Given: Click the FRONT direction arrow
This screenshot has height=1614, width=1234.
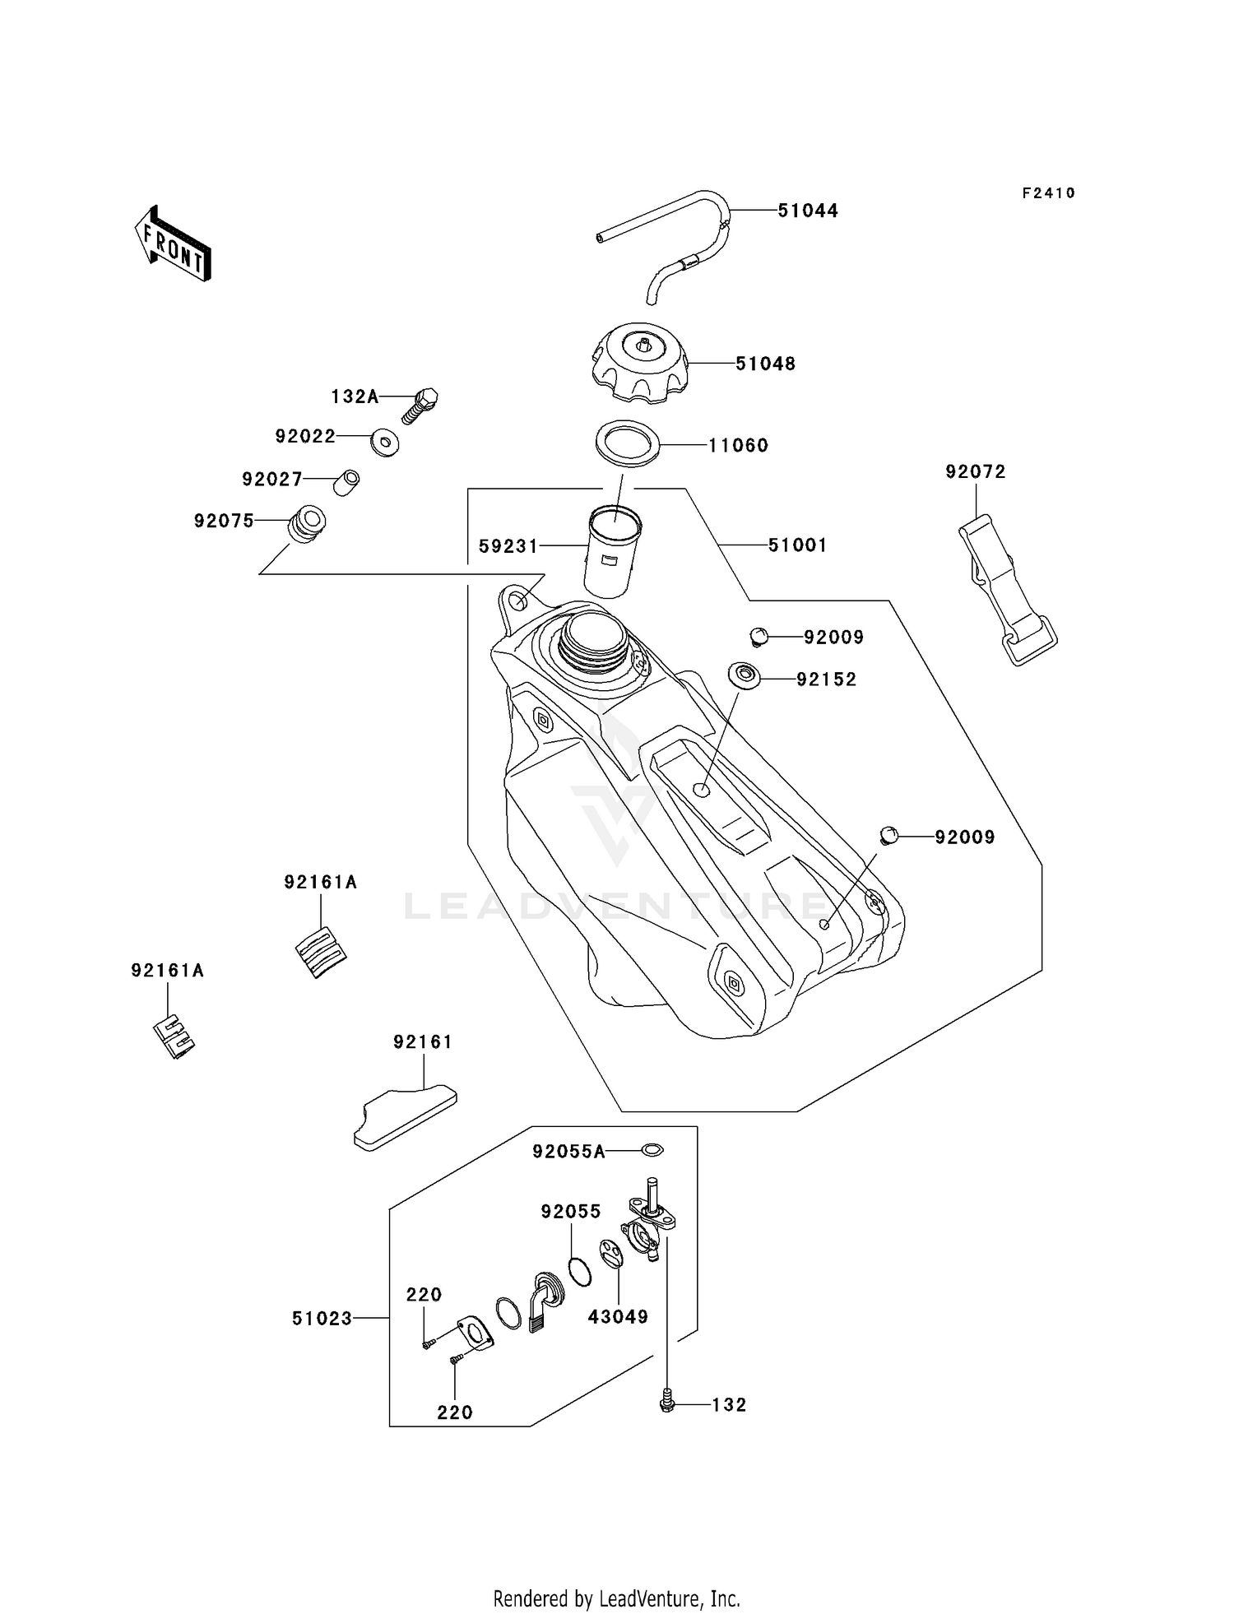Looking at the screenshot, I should [x=174, y=244].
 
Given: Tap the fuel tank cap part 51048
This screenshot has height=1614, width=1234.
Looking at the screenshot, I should [x=640, y=364].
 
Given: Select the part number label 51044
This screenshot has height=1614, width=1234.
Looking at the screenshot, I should [x=808, y=211].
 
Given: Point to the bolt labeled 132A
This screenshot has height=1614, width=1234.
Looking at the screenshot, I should [x=420, y=404].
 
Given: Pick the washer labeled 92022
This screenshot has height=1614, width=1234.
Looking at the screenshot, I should [x=384, y=442].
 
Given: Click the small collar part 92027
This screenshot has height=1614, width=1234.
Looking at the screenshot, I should [x=346, y=482].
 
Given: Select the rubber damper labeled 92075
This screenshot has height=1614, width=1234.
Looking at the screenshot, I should [x=307, y=525].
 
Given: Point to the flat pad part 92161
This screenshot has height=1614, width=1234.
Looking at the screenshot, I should [x=406, y=1117].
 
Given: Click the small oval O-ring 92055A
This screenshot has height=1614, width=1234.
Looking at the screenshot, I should [x=652, y=1149].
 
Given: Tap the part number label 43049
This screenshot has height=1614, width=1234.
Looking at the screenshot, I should [x=618, y=1316].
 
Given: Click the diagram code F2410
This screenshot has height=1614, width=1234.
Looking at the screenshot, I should [x=1048, y=193].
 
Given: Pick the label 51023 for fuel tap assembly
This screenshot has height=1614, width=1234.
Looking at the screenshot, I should [x=322, y=1318].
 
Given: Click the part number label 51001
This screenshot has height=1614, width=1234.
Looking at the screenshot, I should [x=797, y=545].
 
